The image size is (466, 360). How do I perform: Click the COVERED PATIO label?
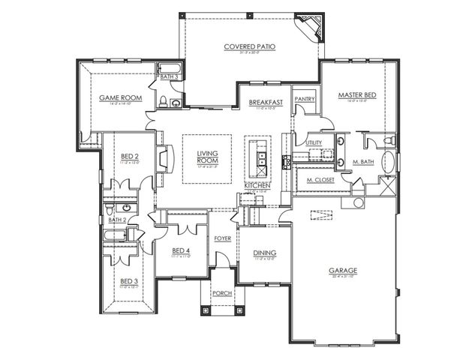click(x=250, y=46)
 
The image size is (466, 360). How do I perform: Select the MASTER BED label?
click(x=356, y=95)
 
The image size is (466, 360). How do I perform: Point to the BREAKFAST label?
click(x=266, y=102)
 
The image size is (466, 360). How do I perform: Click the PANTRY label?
click(x=305, y=98)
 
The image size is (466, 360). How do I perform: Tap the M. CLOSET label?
click(x=320, y=181)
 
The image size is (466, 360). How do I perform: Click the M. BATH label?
click(x=363, y=162)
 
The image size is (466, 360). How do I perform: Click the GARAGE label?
click(x=341, y=270)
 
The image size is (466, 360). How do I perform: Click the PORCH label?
click(x=221, y=292)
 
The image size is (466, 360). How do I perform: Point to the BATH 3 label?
click(x=169, y=76)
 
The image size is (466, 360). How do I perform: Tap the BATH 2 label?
click(x=116, y=220)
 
